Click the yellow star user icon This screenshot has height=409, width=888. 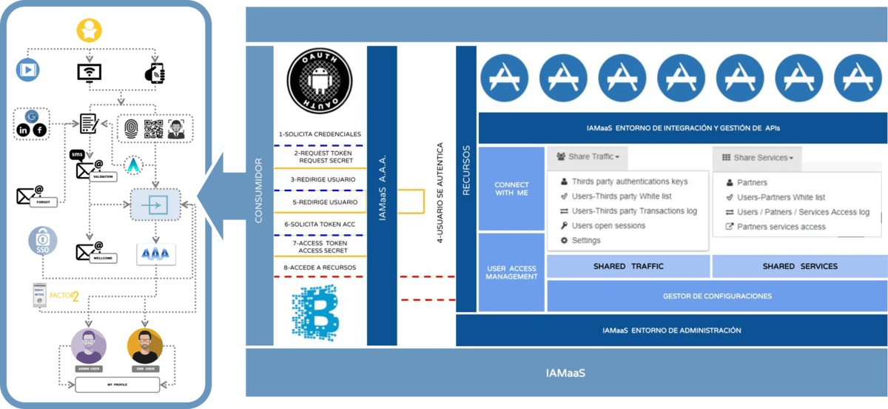coord(90,30)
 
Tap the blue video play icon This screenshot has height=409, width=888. coord(27,70)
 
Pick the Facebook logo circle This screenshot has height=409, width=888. coord(39,130)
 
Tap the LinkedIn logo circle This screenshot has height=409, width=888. coord(24,130)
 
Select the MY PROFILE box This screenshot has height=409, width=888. coord(118,385)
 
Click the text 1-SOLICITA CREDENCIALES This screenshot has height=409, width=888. coord(320,134)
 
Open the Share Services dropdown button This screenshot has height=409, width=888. coord(757,158)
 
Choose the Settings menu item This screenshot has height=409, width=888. coord(585,241)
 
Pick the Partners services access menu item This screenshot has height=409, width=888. coord(781,227)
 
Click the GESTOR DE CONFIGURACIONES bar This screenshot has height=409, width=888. coord(716,296)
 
